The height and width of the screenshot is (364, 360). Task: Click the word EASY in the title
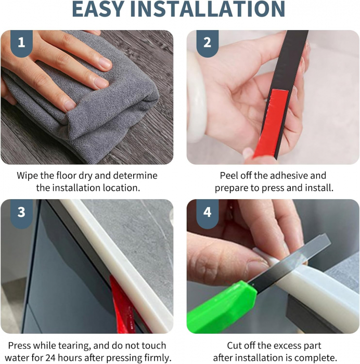coord(98,9)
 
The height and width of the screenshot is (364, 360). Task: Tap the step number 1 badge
coord(21,43)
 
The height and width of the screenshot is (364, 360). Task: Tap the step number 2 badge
coord(208,43)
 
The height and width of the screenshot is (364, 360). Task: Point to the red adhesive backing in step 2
coord(272,123)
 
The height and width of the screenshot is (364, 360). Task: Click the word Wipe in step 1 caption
coord(27,176)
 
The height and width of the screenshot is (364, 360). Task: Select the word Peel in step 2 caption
coord(229,176)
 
